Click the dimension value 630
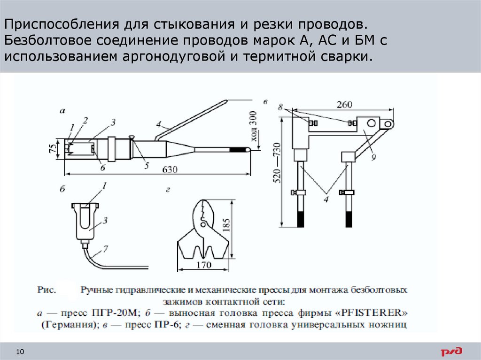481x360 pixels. click(x=170, y=170)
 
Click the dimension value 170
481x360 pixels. click(x=204, y=265)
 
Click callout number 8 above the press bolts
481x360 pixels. click(x=281, y=107)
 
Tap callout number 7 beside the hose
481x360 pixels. click(x=105, y=248)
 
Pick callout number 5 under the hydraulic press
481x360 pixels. click(x=146, y=165)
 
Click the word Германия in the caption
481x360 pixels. click(x=68, y=324)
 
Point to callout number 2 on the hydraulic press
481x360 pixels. click(x=85, y=121)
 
